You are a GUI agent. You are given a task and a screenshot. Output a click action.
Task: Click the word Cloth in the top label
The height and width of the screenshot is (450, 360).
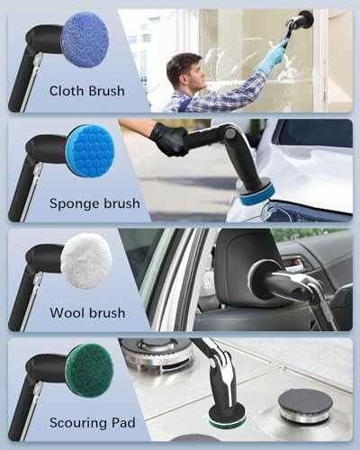click(x=66, y=91)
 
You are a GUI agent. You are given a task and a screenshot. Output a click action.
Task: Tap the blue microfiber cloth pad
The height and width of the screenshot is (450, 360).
click(x=85, y=40)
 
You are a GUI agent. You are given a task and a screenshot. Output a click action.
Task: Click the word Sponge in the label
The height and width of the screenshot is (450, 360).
click(x=72, y=204)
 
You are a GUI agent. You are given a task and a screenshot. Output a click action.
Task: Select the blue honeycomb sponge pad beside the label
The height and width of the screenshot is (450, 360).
click(x=90, y=149)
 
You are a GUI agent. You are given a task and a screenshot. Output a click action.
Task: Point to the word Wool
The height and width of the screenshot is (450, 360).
click(x=67, y=313)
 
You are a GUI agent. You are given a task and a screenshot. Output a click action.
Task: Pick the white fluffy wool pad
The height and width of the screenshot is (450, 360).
click(x=86, y=261)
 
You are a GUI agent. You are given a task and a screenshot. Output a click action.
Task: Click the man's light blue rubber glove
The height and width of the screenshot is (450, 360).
click(x=272, y=58)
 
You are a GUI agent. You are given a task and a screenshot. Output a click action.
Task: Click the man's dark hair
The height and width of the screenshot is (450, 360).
click(x=181, y=67)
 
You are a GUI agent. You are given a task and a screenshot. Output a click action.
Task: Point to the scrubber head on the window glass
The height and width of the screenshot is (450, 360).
click(x=305, y=20)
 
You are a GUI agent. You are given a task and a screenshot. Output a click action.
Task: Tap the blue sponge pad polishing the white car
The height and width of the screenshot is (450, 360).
click(x=257, y=194)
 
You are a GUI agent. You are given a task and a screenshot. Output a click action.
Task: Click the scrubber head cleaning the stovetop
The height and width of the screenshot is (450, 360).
click(x=228, y=417)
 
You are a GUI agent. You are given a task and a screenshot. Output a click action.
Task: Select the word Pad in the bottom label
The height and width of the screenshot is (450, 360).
click(x=123, y=422)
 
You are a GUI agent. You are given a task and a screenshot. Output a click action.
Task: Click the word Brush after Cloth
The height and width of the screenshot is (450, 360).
click(x=105, y=91)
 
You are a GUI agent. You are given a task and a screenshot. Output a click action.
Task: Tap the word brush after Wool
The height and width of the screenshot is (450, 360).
click(x=107, y=313)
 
